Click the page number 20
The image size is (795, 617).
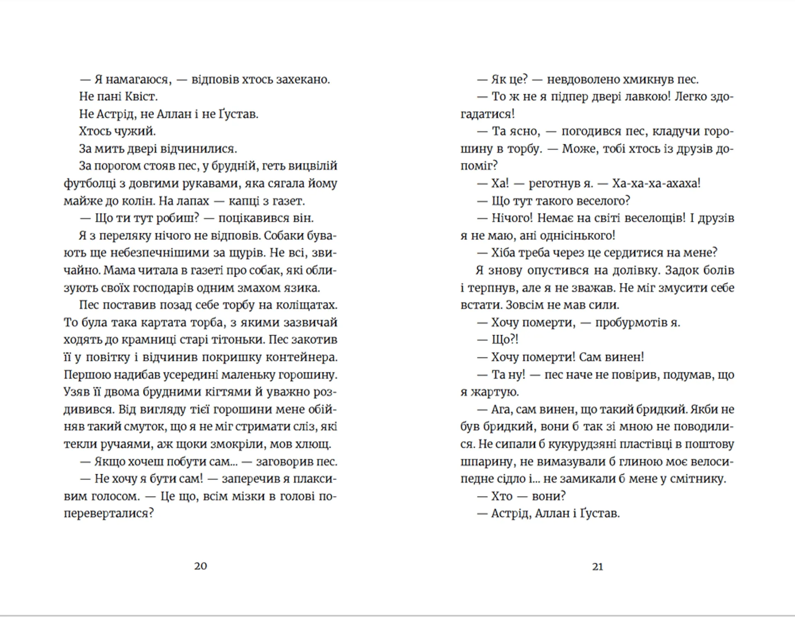coord(200,566)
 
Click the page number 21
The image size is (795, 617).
coord(597,566)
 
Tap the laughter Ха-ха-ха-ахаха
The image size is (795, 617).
coord(656,183)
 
